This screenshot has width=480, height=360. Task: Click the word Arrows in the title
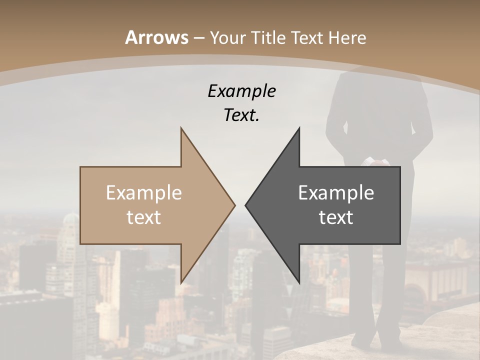[157, 37]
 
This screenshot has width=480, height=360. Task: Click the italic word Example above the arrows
[242, 91]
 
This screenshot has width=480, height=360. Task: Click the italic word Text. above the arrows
[242, 115]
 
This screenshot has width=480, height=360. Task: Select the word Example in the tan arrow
[144, 192]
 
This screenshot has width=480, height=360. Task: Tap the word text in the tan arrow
[144, 217]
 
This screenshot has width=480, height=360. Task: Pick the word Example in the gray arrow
[336, 192]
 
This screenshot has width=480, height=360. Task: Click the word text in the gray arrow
[336, 217]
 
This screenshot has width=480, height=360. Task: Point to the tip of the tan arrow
[234, 205]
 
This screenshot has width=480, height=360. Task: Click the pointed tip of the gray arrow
[245, 205]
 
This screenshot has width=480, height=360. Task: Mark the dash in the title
[199, 38]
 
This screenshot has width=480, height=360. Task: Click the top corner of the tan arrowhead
[181, 128]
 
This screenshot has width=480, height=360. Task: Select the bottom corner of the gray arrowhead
[299, 283]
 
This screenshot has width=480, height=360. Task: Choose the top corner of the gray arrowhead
[299, 128]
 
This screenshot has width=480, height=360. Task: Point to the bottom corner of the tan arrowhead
[181, 283]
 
